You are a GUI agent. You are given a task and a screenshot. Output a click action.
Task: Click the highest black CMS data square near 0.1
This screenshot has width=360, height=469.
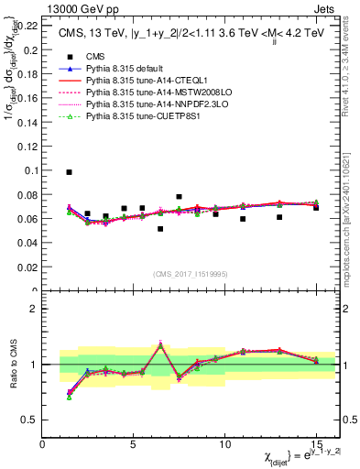click(69, 172)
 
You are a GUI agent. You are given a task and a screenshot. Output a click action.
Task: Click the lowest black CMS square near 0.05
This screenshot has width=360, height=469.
click(160, 229)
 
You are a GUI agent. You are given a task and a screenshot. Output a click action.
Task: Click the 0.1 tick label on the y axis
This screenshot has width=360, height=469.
click(30, 170)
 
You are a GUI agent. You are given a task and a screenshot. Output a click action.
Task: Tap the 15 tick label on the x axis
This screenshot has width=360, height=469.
click(316, 444)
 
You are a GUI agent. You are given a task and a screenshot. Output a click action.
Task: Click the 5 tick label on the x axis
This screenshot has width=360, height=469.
click(134, 444)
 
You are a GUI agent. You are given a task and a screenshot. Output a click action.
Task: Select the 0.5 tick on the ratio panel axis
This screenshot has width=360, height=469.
click(30, 420)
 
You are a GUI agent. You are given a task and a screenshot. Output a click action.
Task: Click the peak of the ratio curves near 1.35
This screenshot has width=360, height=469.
click(160, 344)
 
